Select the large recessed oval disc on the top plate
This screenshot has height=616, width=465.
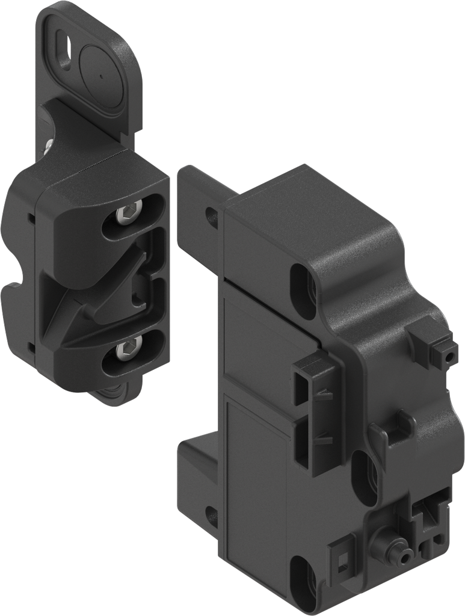(x=101, y=75)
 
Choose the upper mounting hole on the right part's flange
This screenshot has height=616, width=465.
(x=212, y=217)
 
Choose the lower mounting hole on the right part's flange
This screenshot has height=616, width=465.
(x=212, y=516)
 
